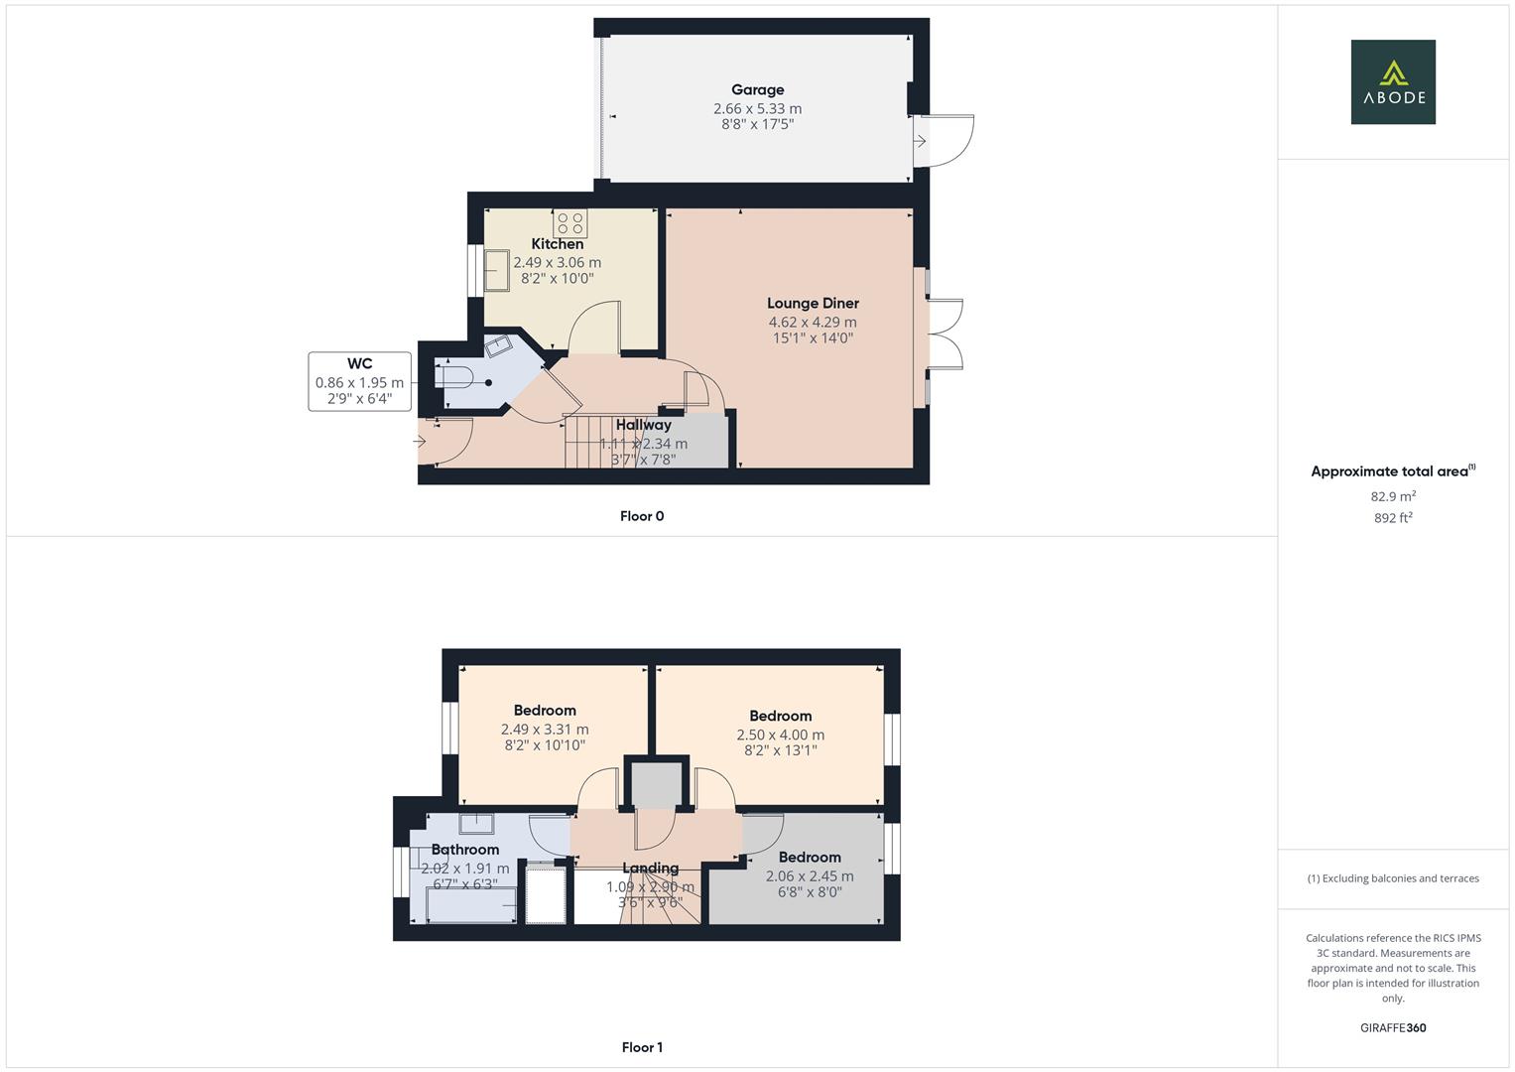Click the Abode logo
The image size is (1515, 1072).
click(1392, 82)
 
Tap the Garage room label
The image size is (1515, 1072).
click(757, 90)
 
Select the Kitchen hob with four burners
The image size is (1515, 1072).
click(569, 222)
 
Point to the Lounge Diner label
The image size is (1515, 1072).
click(813, 304)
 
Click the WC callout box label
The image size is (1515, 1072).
click(359, 364)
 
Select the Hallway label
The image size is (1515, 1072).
click(643, 425)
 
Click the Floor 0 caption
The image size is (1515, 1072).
click(641, 516)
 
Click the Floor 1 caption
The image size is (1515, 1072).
click(641, 1047)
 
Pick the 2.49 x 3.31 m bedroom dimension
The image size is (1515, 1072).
click(544, 730)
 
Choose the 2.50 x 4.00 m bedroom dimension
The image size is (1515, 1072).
click(780, 735)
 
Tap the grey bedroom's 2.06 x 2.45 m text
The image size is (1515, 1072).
click(809, 876)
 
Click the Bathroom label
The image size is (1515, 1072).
click(464, 850)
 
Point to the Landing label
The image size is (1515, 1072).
click(650, 869)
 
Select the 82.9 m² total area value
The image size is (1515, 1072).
click(1392, 496)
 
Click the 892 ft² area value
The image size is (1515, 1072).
click(1392, 518)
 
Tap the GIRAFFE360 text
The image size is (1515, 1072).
click(1392, 1028)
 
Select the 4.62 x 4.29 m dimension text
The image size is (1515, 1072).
click(812, 323)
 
